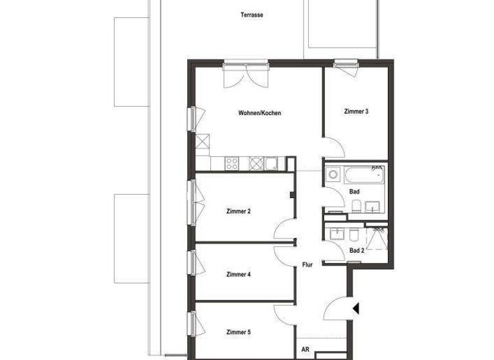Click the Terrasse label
[x=252, y=15]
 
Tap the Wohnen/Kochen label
[x=259, y=113]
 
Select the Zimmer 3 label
[x=356, y=111]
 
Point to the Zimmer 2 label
[x=238, y=212]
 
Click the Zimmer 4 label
[x=238, y=274]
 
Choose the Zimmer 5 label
[x=238, y=332]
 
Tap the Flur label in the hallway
[x=307, y=264]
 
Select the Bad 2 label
[x=356, y=251]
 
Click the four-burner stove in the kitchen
[x=232, y=163]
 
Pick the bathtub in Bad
[x=363, y=174]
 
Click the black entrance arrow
[x=356, y=309]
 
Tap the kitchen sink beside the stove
[x=271, y=163]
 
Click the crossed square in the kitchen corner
[x=203, y=141]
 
